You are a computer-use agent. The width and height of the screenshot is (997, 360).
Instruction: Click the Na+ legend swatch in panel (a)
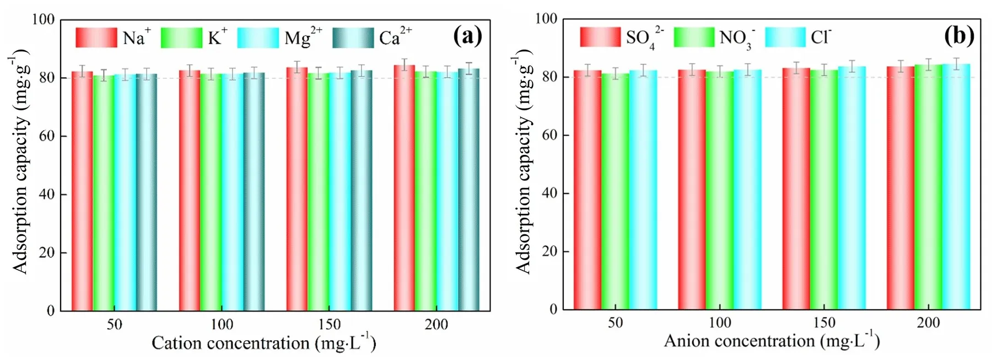click(x=96, y=37)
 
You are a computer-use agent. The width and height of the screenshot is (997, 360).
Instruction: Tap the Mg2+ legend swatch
click(x=258, y=37)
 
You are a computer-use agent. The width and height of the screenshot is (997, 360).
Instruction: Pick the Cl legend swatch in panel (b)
click(x=785, y=37)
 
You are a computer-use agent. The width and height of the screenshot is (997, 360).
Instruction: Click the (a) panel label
click(x=467, y=36)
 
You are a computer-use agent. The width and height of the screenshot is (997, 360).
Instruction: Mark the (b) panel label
click(x=959, y=36)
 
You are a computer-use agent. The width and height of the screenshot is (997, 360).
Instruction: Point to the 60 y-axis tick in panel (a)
click(x=47, y=136)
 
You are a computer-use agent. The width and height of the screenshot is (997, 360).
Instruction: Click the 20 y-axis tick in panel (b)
click(x=550, y=251)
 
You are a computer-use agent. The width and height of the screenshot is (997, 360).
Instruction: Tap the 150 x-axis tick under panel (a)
click(x=329, y=324)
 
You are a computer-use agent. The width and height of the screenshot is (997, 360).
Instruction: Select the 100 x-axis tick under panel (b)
click(x=720, y=323)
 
